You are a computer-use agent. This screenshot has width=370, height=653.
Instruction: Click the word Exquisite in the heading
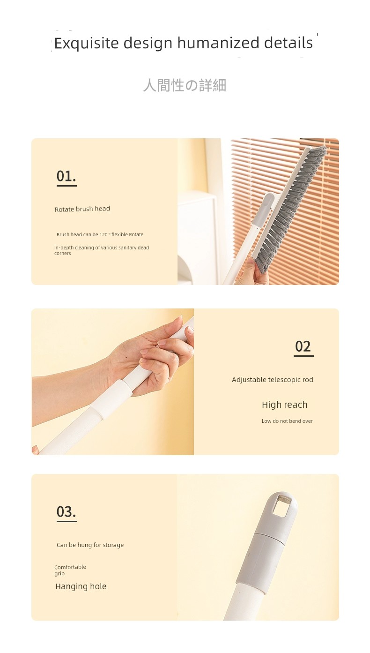click(86, 44)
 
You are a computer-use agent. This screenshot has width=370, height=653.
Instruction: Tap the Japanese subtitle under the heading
click(185, 85)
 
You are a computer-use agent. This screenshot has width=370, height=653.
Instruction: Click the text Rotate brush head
click(82, 209)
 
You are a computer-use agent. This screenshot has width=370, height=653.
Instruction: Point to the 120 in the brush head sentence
click(103, 234)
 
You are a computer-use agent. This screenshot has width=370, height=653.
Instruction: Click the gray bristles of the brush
click(291, 210)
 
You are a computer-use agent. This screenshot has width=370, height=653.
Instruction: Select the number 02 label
click(303, 346)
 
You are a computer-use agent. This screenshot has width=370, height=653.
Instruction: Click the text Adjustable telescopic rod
click(273, 380)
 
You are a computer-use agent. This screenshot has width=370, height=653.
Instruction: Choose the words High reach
click(284, 405)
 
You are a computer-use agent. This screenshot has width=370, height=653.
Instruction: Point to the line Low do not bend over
click(287, 421)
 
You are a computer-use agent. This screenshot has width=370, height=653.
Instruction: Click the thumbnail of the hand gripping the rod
click(113, 382)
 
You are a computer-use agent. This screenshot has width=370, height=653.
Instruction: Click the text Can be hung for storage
click(90, 545)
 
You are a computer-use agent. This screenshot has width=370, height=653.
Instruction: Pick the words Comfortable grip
click(70, 570)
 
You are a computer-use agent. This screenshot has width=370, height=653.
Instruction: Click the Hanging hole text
click(81, 586)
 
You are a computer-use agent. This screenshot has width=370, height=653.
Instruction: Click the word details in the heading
click(288, 43)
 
